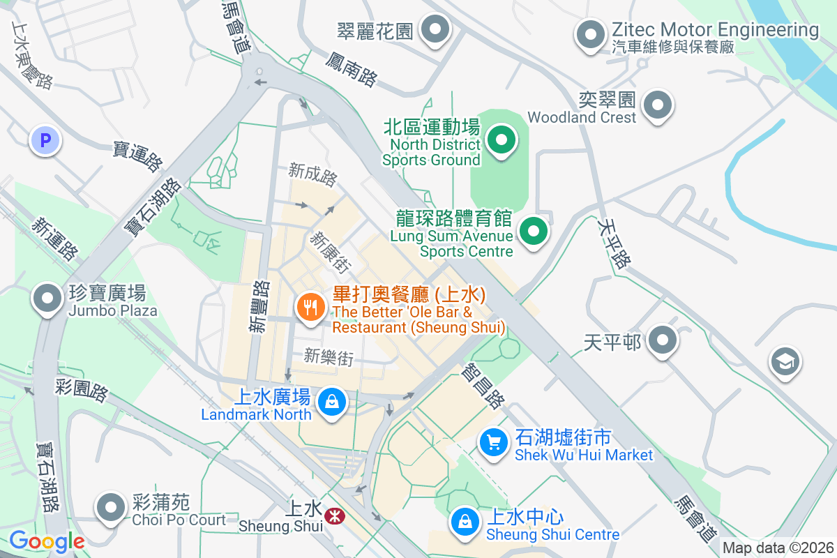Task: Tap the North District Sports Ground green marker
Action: (501, 140)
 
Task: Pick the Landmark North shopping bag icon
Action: (332, 402)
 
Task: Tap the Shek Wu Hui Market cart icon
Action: (494, 442)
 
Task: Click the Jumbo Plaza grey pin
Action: (47, 299)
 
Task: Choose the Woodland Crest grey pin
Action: (657, 106)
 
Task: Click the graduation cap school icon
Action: (785, 361)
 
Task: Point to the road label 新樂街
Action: (329, 358)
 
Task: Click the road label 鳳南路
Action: (351, 68)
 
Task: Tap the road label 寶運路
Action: (137, 156)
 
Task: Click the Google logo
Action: (47, 541)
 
